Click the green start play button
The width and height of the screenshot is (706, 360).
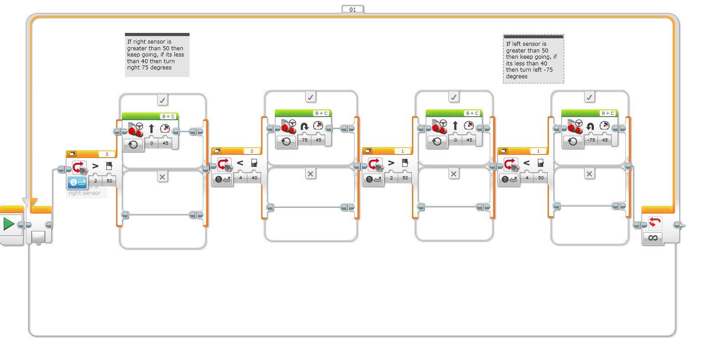[x=9, y=223]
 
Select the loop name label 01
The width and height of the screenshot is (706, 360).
[x=353, y=9]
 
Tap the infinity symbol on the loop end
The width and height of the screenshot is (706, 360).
[x=653, y=238]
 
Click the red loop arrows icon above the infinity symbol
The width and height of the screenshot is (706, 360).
[x=655, y=222]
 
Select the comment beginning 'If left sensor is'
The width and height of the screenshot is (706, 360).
[x=533, y=60]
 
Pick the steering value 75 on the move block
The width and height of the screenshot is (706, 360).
[x=305, y=140]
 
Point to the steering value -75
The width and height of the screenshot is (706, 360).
[x=591, y=140]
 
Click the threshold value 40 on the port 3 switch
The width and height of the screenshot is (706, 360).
[x=254, y=178]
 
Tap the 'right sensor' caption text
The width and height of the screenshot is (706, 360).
[x=85, y=193]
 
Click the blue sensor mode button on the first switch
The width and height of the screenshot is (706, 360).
[x=77, y=182]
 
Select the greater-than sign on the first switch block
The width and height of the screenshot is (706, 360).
[x=95, y=166]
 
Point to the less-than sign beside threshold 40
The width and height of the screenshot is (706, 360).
[x=240, y=163]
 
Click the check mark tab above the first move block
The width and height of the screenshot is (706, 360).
[x=162, y=101]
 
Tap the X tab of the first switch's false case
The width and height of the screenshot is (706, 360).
[x=162, y=177]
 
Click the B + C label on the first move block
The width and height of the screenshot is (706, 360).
[x=168, y=117]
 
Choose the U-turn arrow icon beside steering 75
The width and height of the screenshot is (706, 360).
[x=304, y=126]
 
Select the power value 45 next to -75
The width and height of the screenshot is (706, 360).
[x=605, y=140]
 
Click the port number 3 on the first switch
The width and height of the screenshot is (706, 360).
[x=107, y=154]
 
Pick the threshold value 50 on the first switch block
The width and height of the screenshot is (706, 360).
[x=109, y=181]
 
